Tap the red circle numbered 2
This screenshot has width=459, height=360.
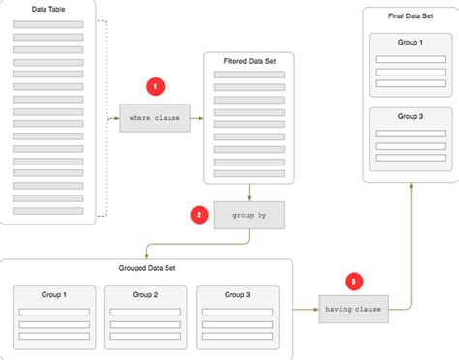click(x=199, y=214)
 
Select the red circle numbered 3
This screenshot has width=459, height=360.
click(x=355, y=282)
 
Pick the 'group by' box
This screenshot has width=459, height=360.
click(x=250, y=215)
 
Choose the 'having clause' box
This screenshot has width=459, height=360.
click(x=353, y=310)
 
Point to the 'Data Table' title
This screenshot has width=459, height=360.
click(x=48, y=11)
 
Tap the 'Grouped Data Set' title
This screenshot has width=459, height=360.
click(x=146, y=268)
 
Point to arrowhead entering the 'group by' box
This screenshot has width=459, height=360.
click(x=250, y=197)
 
